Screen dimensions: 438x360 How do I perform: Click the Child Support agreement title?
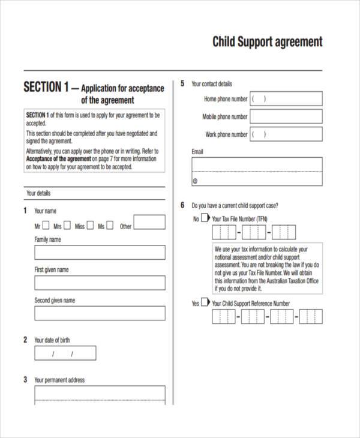click(x=267, y=42)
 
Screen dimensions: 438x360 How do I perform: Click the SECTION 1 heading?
click(x=46, y=88)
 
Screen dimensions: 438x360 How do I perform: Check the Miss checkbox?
click(x=90, y=226)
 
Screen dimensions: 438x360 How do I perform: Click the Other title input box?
click(x=149, y=223)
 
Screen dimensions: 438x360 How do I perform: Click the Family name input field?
click(x=100, y=252)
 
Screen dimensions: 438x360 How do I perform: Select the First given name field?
click(x=100, y=283)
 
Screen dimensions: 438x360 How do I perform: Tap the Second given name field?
click(x=100, y=313)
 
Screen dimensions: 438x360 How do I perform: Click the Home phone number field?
click(x=286, y=99)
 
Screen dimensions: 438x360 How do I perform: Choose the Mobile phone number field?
click(x=286, y=117)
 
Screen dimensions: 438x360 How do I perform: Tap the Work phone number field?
click(x=286, y=134)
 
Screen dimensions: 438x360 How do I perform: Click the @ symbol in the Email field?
click(x=195, y=180)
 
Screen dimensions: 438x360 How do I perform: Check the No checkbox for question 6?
click(x=205, y=218)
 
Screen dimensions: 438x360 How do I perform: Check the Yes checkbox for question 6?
click(x=205, y=303)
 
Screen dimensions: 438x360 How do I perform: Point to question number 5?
click(x=182, y=83)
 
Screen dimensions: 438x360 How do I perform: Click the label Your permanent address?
click(x=59, y=380)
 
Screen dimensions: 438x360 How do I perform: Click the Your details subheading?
click(x=38, y=193)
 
